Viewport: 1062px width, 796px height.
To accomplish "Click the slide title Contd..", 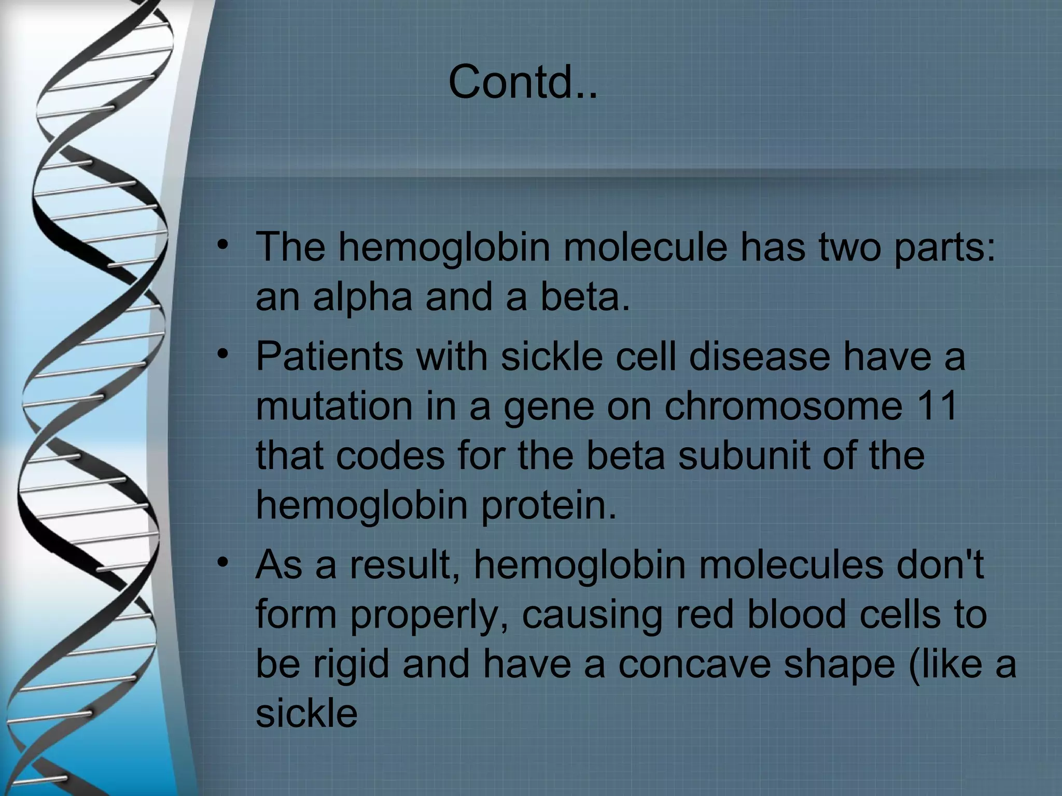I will click(x=523, y=82).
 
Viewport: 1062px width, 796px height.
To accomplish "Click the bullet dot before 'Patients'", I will click(x=222, y=354).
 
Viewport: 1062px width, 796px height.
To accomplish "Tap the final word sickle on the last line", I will click(x=306, y=714).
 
